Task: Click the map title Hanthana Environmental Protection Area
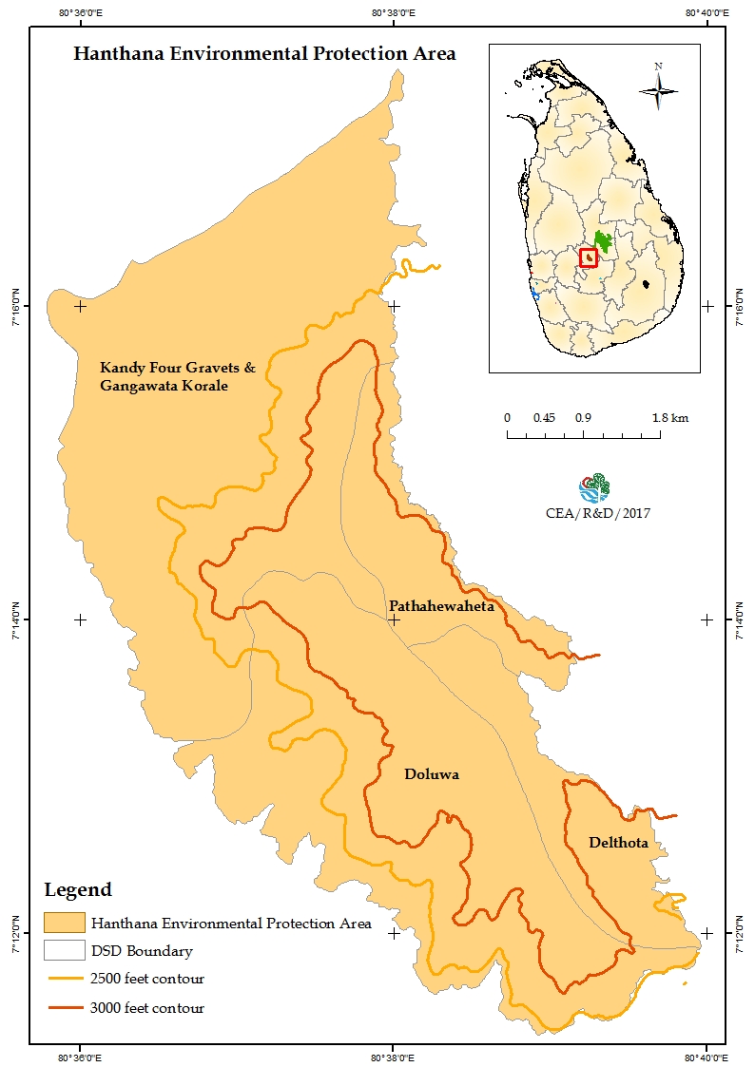264,54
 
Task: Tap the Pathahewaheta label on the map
441,605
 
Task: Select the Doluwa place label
432,774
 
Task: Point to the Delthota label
618,843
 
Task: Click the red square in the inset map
589,257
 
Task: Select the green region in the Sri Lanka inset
603,241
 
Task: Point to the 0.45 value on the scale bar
544,418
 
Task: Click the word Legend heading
78,890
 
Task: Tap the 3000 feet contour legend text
147,1008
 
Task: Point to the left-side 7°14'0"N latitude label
15,619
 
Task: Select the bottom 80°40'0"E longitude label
705,1057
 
